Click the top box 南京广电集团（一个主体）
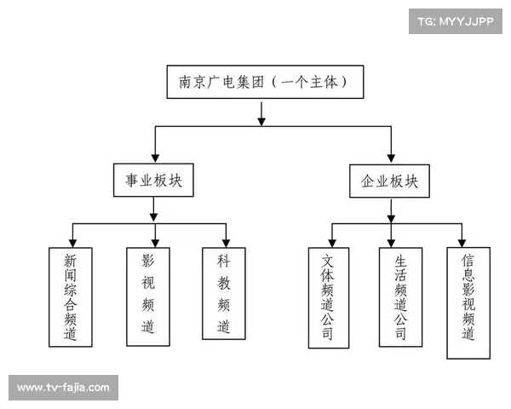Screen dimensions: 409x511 [261, 83]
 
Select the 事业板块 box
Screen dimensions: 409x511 [154, 181]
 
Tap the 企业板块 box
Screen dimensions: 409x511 [390, 181]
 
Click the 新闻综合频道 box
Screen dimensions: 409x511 [71, 297]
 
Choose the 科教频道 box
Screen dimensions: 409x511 [224, 294]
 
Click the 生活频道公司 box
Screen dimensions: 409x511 [401, 297]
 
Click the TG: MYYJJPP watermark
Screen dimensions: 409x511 [456, 20]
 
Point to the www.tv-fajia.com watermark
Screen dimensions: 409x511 [64, 388]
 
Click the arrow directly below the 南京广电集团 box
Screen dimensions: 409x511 [261, 114]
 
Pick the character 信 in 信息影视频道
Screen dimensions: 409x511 [468, 260]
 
